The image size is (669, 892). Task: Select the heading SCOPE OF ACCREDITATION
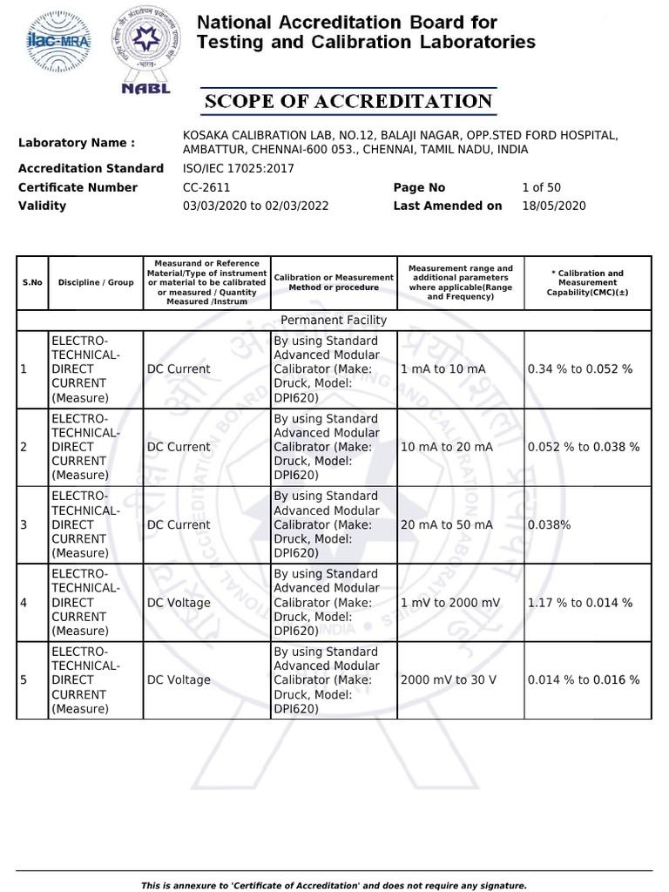coord(348,101)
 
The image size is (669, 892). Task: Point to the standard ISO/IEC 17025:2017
coord(239,168)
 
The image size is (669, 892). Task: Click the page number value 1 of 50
coord(541,187)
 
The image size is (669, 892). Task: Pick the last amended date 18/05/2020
coord(553,206)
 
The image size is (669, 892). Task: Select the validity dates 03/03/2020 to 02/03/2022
coord(255,206)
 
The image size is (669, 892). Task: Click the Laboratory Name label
coord(77,143)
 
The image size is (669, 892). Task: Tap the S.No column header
coord(32,283)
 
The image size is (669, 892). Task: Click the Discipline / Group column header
coord(96,283)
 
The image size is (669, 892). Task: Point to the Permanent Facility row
coord(334,320)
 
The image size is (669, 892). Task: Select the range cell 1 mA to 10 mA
coord(443,369)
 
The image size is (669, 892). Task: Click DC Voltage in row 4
coord(179,602)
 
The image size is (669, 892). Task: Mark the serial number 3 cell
coord(24,524)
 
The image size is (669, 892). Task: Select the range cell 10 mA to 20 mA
coord(446,447)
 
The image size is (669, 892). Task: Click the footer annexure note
coord(334,885)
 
